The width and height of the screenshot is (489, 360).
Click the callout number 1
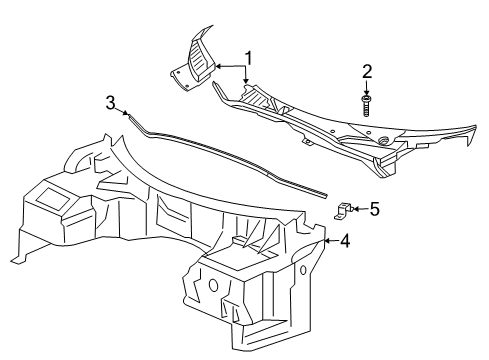pyautogui.click(x=249, y=57)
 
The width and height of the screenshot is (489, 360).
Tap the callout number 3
pyautogui.click(x=112, y=102)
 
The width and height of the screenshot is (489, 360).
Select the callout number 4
pyautogui.click(x=345, y=240)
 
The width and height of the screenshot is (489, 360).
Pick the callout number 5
pyautogui.click(x=373, y=209)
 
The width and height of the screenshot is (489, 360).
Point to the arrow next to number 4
pyautogui.click(x=329, y=240)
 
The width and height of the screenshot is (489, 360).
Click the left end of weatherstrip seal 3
pyautogui.click(x=129, y=116)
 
